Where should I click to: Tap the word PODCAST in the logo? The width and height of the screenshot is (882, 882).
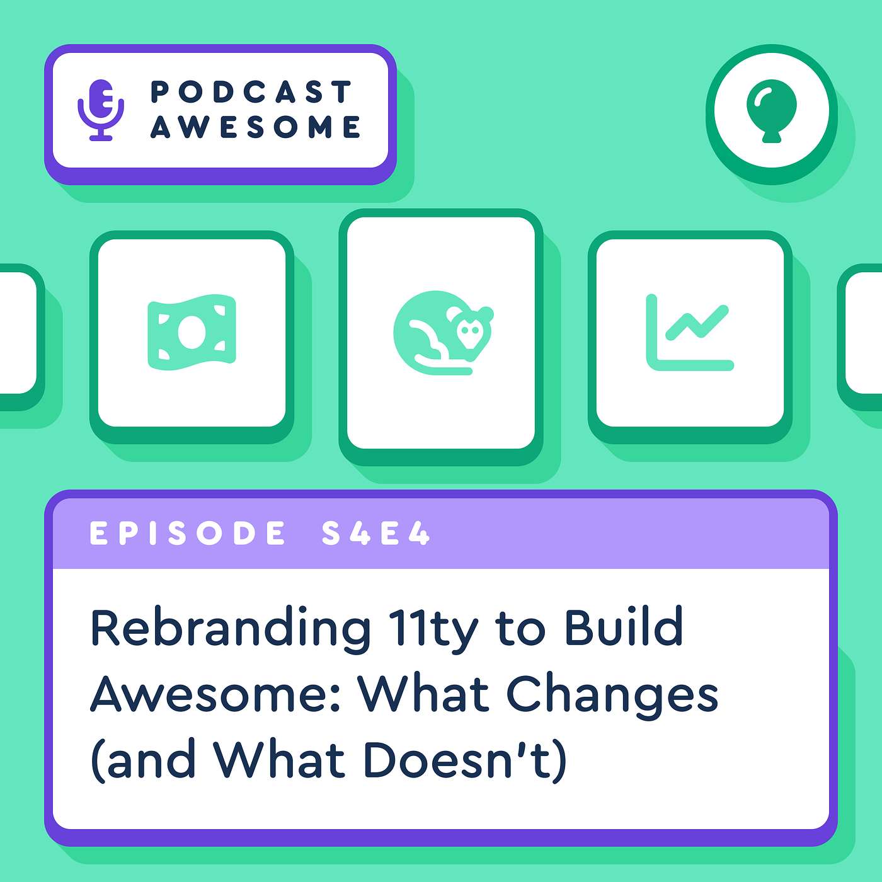coord(251,92)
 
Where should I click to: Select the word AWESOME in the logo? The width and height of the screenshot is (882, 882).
coord(255,127)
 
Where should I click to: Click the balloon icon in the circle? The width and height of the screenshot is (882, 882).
coord(771,109)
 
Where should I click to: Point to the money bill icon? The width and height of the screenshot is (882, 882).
coord(192,331)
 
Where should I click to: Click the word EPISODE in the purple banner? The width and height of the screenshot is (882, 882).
coord(188,534)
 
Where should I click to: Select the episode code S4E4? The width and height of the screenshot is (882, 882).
coord(375,534)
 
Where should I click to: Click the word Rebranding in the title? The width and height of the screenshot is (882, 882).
coord(231,629)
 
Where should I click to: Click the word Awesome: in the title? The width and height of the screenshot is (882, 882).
coord(217,694)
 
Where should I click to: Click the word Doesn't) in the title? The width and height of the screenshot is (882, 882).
coord(466,760)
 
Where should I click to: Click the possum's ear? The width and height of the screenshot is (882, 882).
coord(485,312)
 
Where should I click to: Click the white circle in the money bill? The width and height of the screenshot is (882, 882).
coord(192,331)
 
